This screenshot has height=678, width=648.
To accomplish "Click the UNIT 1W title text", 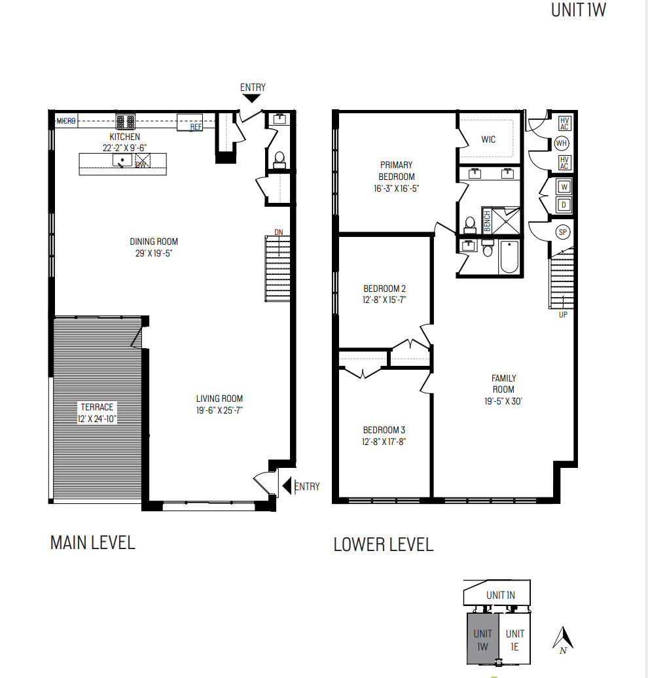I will click(579, 10).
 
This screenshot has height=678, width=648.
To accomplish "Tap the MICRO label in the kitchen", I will click(66, 121).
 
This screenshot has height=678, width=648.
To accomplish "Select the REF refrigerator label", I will click(196, 127).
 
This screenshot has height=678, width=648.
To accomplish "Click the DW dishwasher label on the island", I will click(140, 164).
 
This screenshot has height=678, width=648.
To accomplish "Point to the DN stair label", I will click(278, 232).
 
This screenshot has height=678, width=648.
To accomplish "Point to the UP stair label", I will click(563, 315).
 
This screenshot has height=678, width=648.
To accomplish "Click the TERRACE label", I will click(97, 407).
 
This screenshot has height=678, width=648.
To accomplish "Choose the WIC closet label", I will click(488, 139).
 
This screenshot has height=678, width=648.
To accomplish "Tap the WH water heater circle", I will click(562, 143).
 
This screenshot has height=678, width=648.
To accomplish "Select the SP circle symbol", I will click(562, 232).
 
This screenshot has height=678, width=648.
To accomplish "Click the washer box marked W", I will click(563, 187).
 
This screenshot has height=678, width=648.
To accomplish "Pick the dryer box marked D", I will click(563, 205).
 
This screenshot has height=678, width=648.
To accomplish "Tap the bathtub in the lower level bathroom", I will click(509, 258).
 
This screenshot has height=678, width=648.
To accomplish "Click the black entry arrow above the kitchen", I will click(252, 98).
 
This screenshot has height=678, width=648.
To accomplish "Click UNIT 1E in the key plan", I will click(514, 639).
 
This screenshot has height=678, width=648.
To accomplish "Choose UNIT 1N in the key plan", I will click(501, 595).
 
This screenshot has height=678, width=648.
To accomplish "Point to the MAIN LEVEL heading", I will click(92, 543).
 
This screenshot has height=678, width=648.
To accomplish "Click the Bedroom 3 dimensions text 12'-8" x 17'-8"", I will click(384, 442).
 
